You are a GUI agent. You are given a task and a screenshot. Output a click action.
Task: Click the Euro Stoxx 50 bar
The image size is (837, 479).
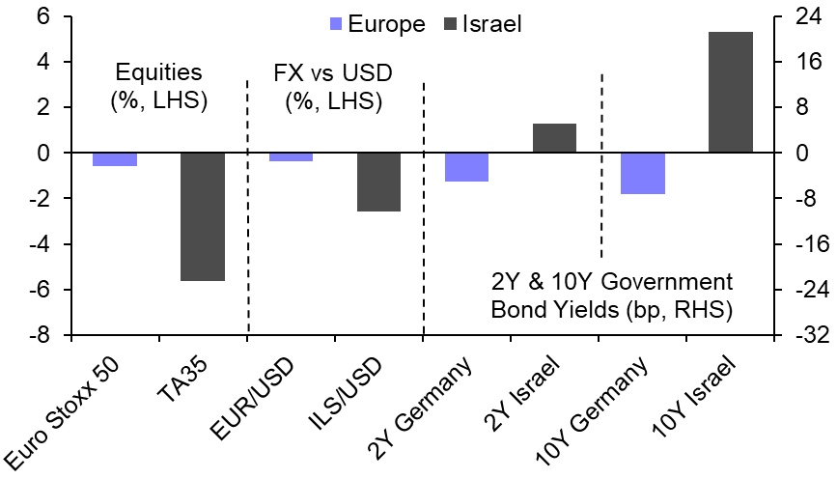point(115,159)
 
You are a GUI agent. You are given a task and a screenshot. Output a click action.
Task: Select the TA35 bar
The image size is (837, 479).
point(203,216)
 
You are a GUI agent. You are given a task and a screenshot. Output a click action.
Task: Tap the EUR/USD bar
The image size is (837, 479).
point(291,156)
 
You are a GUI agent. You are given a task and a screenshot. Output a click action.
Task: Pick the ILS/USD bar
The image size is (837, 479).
point(378,182)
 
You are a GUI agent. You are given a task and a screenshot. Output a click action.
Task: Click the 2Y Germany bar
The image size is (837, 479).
point(466,167)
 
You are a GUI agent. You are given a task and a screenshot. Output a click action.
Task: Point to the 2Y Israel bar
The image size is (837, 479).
point(554,138)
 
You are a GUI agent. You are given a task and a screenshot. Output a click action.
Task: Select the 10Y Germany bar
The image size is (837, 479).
point(642,173)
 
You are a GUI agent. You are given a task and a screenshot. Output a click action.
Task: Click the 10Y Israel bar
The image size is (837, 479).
point(730,92)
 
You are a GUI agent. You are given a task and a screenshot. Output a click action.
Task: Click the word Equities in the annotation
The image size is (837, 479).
point(159,72)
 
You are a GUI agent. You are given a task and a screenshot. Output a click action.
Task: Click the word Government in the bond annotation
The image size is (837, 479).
point(666,283)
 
